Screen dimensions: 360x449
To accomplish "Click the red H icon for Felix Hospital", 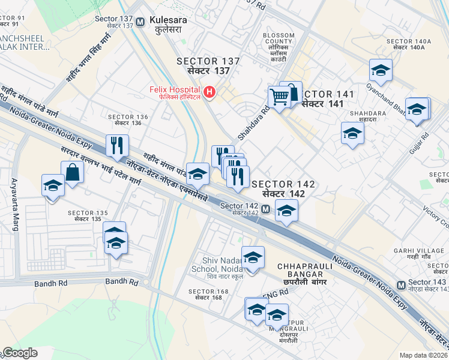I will click(209, 92).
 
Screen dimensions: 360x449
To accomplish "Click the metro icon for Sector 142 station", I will click(265, 209).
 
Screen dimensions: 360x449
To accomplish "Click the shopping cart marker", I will click(279, 96).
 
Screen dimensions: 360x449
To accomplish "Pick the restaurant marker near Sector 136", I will click(117, 145).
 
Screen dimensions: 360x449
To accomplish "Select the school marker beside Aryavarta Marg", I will click(53, 185).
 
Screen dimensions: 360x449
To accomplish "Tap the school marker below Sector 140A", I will click(381, 70).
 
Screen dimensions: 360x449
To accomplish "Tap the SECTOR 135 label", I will click(88, 216).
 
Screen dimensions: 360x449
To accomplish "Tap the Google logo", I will click(20, 353).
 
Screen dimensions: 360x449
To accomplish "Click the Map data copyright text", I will click(424, 355).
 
